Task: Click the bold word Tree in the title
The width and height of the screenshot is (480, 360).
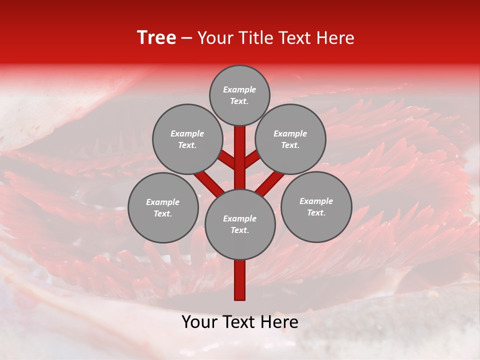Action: pos(156,37)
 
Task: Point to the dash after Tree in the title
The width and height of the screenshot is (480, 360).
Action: pos(186,38)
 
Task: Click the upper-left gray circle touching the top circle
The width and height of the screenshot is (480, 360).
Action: pos(187,139)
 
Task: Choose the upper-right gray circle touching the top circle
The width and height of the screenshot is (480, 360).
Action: pos(290,139)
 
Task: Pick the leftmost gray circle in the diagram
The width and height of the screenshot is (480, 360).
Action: pos(163,207)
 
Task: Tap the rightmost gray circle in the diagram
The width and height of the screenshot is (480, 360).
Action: pos(316,206)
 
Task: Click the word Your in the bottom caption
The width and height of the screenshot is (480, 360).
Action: pos(200,322)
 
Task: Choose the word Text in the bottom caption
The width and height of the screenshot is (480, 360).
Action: pos(239,322)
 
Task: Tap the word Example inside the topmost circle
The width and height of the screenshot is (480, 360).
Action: pos(239,89)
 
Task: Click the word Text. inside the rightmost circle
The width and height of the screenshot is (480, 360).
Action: pos(316,212)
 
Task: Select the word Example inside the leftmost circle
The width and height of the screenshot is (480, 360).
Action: pos(162,202)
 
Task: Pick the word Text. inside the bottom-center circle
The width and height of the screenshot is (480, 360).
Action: pos(239,230)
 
